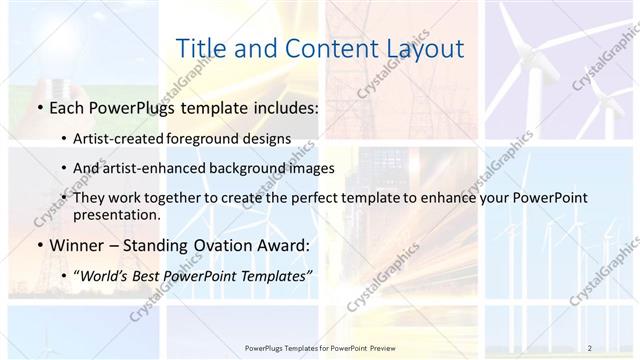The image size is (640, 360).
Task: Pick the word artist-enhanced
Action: [149, 168]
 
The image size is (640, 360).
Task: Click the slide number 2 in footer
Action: [589, 347]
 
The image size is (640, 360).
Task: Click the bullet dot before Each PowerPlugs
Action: [37, 107]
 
